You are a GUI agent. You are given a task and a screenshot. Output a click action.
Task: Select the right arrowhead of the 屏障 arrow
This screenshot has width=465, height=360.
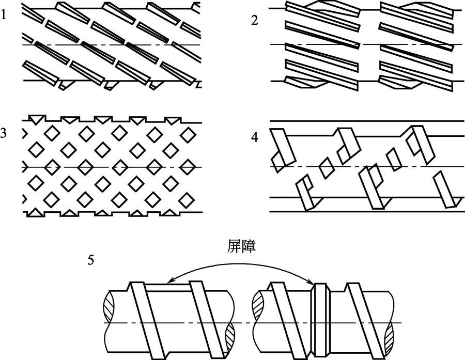[x=313, y=283]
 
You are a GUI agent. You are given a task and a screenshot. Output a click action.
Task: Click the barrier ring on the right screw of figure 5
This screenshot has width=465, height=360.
[x=320, y=320]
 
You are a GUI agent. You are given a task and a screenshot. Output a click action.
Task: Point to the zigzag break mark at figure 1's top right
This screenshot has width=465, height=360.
[x=195, y=7]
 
